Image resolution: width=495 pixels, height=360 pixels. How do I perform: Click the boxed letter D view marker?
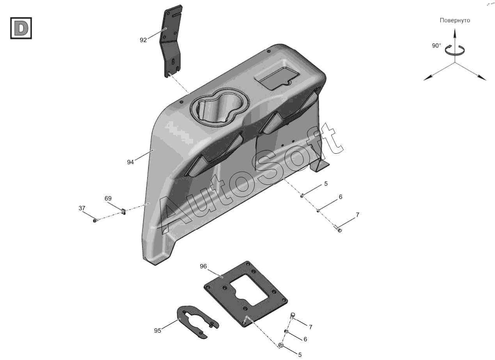click(21, 28)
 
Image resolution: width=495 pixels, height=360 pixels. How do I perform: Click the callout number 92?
click(143, 40)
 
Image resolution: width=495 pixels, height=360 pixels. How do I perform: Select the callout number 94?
click(130, 162)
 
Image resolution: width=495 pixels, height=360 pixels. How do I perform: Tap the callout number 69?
click(108, 199)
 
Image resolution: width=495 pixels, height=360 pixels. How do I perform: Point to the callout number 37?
click(82, 208)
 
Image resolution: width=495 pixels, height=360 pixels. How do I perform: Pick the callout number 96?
click(203, 266)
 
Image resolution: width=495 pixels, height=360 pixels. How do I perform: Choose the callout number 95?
click(158, 331)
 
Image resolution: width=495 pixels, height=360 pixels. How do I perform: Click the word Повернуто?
click(455, 21)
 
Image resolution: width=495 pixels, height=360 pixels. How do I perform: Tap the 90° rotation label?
click(436, 46)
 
